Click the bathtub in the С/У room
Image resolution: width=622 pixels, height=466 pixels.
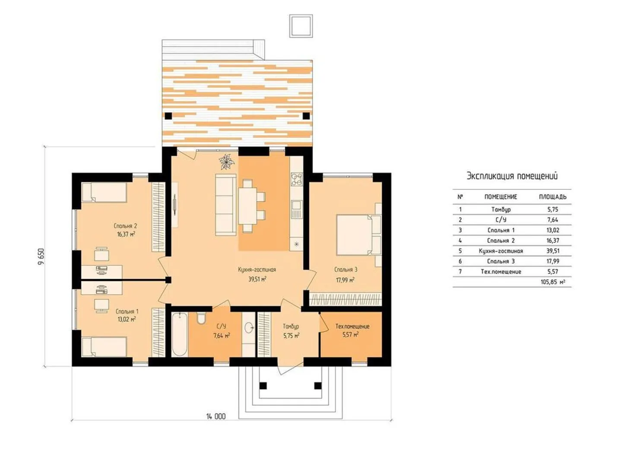(179, 334)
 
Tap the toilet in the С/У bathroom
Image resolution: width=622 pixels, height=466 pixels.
(201, 318)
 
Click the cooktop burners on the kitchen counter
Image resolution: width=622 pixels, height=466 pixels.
(296, 179)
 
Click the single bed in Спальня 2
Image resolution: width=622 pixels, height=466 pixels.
(104, 192)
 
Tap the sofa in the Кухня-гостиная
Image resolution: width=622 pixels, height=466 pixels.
(225, 205)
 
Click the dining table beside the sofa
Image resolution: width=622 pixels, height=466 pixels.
(248, 206)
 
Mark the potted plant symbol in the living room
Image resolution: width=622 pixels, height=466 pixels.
(226, 162)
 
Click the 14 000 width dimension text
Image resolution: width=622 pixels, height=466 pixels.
(216, 416)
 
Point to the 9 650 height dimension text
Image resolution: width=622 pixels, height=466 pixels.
(41, 257)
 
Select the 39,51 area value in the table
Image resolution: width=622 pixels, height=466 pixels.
(552, 251)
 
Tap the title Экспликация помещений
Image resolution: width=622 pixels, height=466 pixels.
(512, 176)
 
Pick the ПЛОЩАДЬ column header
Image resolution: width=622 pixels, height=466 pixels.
(552, 197)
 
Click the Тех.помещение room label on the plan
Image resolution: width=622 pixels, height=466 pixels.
(352, 326)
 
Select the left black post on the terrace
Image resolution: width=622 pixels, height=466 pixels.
(168, 116)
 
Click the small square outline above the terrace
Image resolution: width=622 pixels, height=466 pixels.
(301, 26)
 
